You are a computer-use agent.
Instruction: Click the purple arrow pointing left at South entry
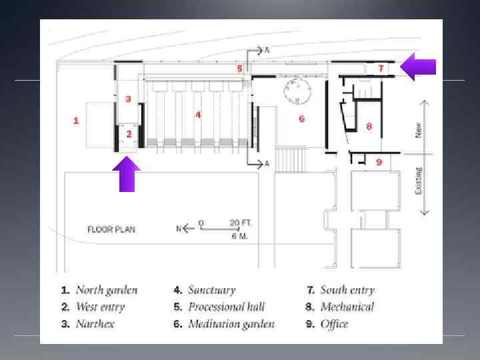pyautogui.click(x=420, y=67)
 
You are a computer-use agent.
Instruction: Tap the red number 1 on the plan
pyautogui.click(x=76, y=121)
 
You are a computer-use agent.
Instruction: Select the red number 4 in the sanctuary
pyautogui.click(x=198, y=115)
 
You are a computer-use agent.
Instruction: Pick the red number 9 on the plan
pyautogui.click(x=379, y=162)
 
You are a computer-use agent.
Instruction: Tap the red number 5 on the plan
pyautogui.click(x=239, y=69)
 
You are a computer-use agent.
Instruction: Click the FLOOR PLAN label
pyautogui.click(x=111, y=229)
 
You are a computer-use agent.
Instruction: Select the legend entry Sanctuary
pyautogui.click(x=211, y=290)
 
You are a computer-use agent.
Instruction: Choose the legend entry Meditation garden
pyautogui.click(x=231, y=325)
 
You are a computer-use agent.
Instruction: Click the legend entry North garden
pyautogui.click(x=106, y=290)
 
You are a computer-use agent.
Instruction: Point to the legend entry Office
pyautogui.click(x=334, y=325)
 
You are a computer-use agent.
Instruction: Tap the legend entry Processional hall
pyautogui.click(x=226, y=307)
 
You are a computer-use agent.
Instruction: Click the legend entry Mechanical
pyautogui.click(x=347, y=307)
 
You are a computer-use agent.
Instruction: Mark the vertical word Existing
pyautogui.click(x=419, y=181)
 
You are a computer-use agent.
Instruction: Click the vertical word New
pyautogui.click(x=419, y=129)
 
